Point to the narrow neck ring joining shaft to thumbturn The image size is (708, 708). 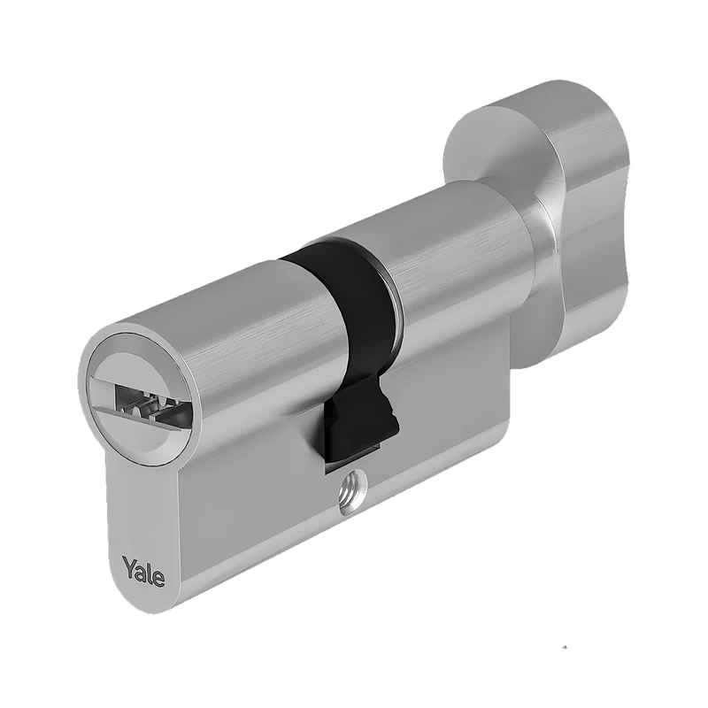tap(536, 239)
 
